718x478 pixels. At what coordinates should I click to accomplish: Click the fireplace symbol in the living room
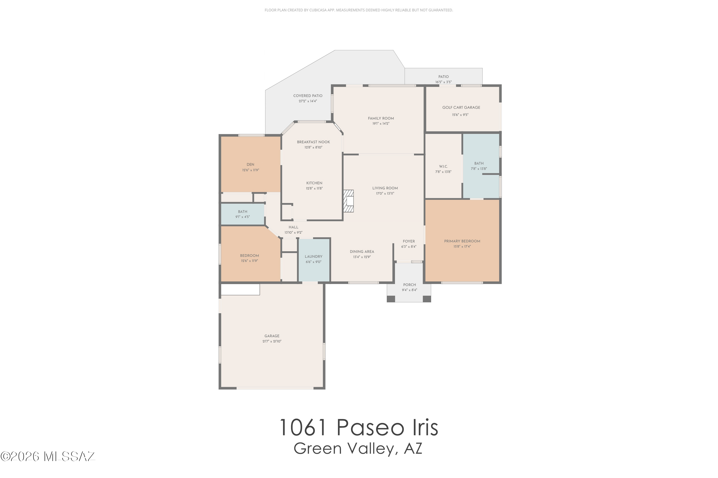click(348, 201)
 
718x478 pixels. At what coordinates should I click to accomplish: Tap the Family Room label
click(381, 118)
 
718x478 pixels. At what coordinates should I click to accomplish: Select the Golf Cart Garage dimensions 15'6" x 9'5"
click(460, 115)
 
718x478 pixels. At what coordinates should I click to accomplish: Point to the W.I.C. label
click(443, 166)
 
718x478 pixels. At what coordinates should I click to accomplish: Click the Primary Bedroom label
click(462, 241)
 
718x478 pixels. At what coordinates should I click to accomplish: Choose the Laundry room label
click(313, 257)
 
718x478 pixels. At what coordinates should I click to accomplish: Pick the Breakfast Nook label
click(313, 142)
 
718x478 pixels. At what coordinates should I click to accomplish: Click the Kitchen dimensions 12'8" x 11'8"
click(314, 188)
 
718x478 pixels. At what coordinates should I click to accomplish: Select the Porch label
click(409, 285)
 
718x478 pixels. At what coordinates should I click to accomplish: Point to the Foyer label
click(409, 241)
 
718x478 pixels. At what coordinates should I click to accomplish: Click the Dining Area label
click(362, 252)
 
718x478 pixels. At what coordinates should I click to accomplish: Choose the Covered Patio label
click(308, 96)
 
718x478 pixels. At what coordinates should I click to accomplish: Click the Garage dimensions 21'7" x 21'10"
click(272, 341)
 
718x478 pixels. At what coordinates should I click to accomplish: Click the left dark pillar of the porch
click(391, 299)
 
